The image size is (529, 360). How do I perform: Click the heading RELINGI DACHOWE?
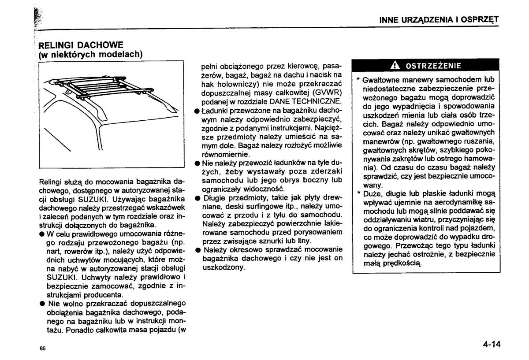pyautogui.click(x=81, y=45)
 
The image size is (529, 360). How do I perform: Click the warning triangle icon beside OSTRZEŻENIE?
pyautogui.click(x=395, y=66)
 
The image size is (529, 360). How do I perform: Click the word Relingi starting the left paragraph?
pyautogui.click(x=51, y=181)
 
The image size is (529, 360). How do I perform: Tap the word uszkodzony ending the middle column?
pyautogui.click(x=223, y=267)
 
